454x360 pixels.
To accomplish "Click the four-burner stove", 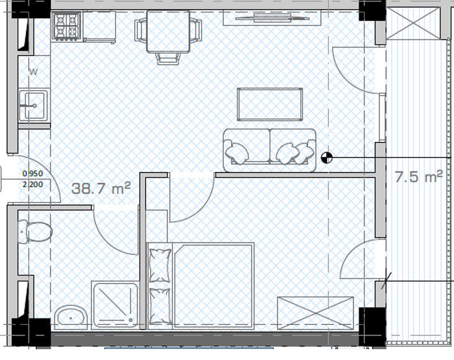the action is click(x=67, y=25).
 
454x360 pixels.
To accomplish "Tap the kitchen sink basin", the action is click(x=33, y=106).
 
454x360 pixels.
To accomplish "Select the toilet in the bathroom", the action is click(x=35, y=232).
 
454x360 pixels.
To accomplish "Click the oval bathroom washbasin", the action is click(x=71, y=317).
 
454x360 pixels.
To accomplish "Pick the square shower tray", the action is click(x=115, y=306).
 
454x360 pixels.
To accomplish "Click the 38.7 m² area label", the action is click(x=101, y=188).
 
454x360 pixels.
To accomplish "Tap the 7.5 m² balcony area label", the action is click(x=419, y=176).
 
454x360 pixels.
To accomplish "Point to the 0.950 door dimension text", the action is click(x=32, y=173).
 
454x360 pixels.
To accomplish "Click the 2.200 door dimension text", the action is click(x=32, y=184).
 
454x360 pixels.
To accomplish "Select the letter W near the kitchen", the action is click(x=34, y=71).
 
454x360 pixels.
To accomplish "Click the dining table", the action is click(x=168, y=32).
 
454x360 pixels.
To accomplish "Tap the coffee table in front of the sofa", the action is click(x=270, y=104).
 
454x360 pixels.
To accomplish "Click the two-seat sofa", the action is click(x=270, y=150).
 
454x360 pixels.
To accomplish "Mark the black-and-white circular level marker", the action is click(x=327, y=158).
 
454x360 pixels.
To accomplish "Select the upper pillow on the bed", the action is click(x=160, y=265).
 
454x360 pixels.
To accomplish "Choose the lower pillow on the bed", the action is click(x=160, y=306).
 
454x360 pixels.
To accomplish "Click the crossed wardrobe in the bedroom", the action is click(x=315, y=313).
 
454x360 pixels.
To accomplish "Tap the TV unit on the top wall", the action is click(x=272, y=18).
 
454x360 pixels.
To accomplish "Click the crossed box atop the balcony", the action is click(x=413, y=23).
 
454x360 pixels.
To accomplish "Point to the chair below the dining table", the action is click(x=168, y=59).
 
